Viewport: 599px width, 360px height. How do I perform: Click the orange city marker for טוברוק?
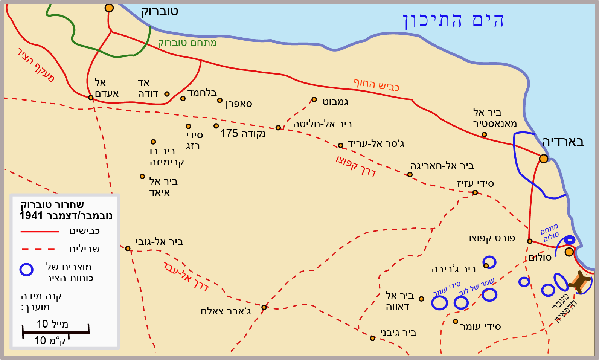click(x=109, y=8)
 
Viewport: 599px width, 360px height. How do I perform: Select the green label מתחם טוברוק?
click(x=187, y=43)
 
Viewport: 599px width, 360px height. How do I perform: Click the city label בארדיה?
click(x=563, y=142)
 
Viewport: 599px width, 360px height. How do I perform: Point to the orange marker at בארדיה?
click(x=543, y=159)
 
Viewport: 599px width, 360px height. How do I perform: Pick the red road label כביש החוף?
click(x=376, y=85)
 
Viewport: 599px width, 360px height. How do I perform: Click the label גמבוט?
click(x=335, y=102)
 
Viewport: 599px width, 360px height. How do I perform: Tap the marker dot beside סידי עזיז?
click(x=475, y=192)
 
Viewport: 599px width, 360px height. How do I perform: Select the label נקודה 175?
click(x=243, y=134)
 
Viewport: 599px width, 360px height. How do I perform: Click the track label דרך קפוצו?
click(x=356, y=166)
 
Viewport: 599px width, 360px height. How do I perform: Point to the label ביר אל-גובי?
click(x=159, y=242)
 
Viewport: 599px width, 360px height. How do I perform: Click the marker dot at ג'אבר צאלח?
click(x=264, y=307)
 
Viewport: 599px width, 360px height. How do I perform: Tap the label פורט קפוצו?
click(x=492, y=238)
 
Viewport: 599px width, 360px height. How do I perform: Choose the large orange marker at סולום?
click(x=569, y=252)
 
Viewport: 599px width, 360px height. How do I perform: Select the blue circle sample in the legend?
click(x=26, y=270)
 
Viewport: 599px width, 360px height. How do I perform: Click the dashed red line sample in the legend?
click(x=38, y=249)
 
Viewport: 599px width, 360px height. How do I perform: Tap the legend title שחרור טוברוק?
click(x=52, y=205)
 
